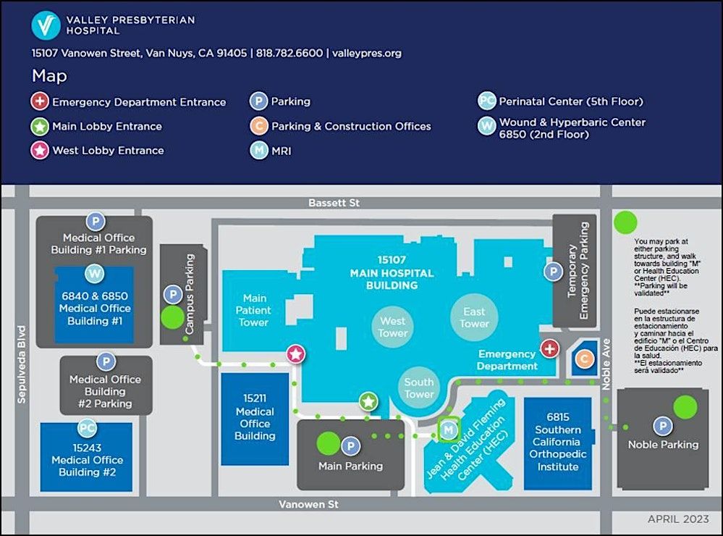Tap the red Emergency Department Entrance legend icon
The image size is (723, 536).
pos(40,102)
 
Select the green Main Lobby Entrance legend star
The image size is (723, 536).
pos(40,127)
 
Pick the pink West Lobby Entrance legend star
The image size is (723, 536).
pos(40,151)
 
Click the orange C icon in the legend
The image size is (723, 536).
pos(258,126)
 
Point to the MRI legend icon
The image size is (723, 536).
pos(258,151)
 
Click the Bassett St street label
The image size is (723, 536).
pos(334,204)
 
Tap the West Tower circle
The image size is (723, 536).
pos(393,327)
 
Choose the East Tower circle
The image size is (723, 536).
pos(474,317)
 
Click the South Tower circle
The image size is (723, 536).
pos(419,388)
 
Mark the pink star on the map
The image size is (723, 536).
pos(295,354)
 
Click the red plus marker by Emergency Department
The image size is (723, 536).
pos(549,349)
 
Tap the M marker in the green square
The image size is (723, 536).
pos(449,430)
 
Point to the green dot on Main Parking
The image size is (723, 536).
pos(328,443)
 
